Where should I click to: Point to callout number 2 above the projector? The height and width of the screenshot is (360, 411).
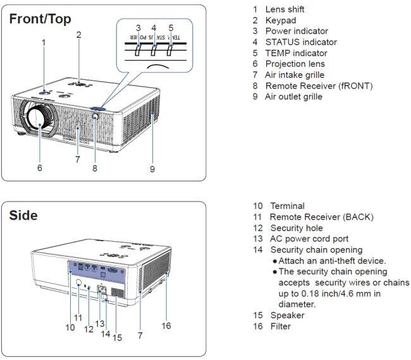(78, 35)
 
